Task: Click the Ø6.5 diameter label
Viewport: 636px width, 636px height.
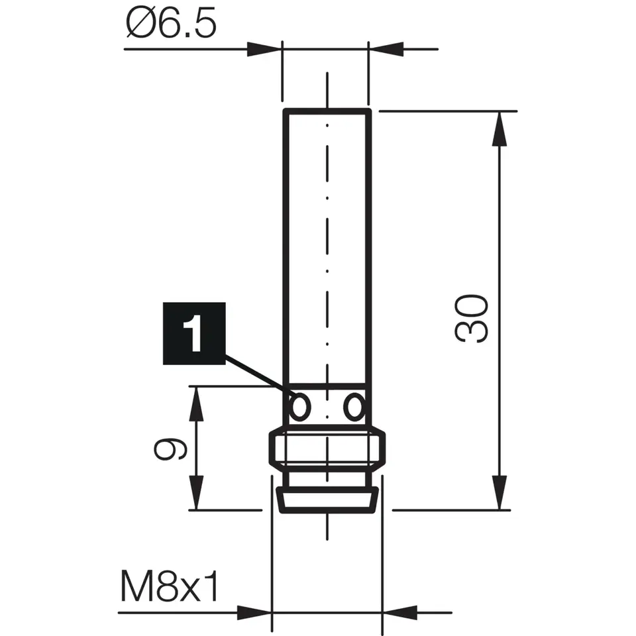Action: (x=170, y=25)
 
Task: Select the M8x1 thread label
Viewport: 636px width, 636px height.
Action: (x=169, y=587)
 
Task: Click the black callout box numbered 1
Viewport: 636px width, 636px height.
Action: (x=194, y=333)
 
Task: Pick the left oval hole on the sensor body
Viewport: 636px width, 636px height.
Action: (x=299, y=405)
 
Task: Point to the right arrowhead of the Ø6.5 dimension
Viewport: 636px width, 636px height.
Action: (x=388, y=49)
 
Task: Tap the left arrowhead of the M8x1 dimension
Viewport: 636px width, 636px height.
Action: (x=254, y=613)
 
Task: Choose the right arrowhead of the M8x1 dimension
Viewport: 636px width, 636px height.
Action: (x=399, y=613)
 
